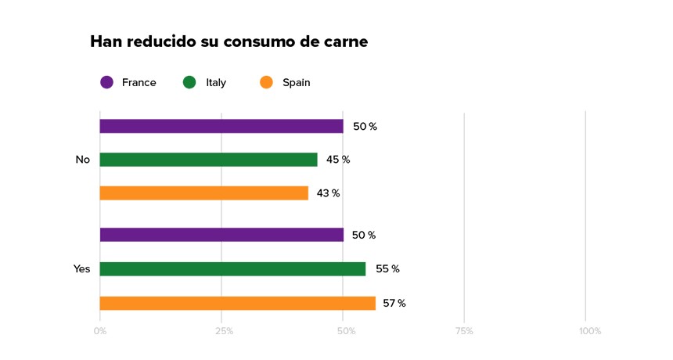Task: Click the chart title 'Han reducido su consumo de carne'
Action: pos(229,41)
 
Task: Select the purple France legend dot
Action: pos(107,82)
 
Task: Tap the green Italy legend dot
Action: pos(189,82)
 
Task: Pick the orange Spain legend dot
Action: pos(266,82)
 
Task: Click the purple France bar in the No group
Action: pos(221,126)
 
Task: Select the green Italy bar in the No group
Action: pos(208,160)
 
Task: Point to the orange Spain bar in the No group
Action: pos(203,193)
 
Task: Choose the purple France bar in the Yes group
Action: pos(221,235)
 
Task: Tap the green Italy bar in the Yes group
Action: pos(232,269)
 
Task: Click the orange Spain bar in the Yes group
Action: pos(237,303)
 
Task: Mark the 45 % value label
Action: pos(338,160)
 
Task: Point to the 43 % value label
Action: pos(329,193)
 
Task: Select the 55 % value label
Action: pos(387,269)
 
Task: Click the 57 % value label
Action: pos(394,303)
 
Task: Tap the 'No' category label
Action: pos(82,160)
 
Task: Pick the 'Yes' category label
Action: pos(81,269)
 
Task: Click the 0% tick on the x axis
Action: pos(100,331)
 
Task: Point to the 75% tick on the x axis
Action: pos(463,331)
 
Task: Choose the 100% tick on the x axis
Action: pos(589,331)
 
